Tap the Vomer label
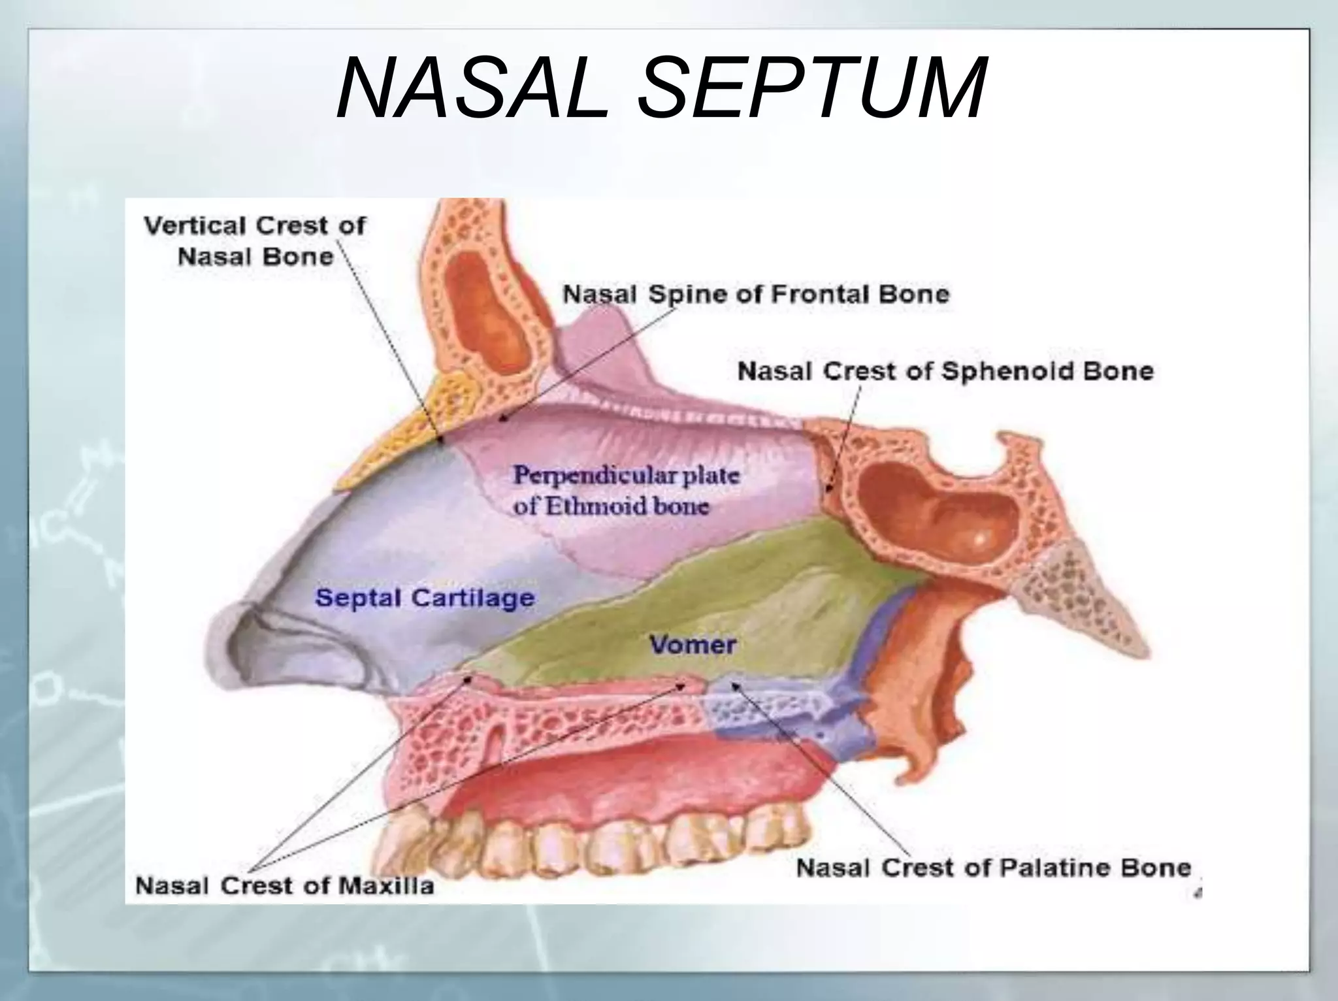(693, 645)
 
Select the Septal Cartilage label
(425, 598)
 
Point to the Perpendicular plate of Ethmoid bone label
(625, 490)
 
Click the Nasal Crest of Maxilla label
(284, 886)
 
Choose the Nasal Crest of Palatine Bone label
(994, 868)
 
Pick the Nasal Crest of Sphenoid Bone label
(945, 371)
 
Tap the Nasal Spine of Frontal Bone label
(756, 294)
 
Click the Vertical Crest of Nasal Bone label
(255, 240)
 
